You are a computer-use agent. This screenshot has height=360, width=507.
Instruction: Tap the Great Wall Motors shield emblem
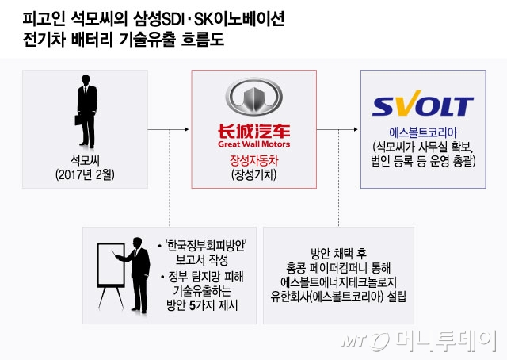[x=254, y=98]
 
